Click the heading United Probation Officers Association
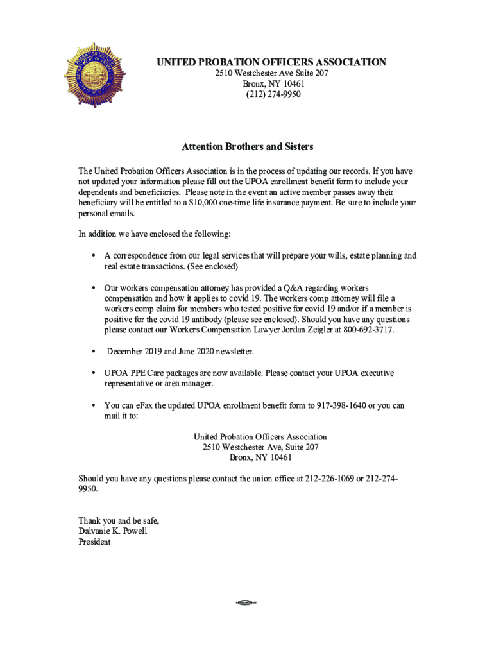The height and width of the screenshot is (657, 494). pyautogui.click(x=272, y=62)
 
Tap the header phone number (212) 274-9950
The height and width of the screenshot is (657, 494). pyautogui.click(x=273, y=94)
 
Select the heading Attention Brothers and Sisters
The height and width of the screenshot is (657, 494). pyautogui.click(x=248, y=147)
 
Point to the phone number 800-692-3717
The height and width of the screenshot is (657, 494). pyautogui.click(x=368, y=330)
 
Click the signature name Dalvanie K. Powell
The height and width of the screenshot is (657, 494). pyautogui.click(x=113, y=531)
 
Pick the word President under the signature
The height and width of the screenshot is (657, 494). pyautogui.click(x=94, y=542)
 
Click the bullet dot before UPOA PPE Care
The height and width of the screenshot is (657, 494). pyautogui.click(x=93, y=373)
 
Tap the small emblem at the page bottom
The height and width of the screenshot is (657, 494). pyautogui.click(x=246, y=602)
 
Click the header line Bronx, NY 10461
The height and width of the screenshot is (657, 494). pyautogui.click(x=273, y=84)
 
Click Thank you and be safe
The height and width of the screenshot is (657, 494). pyautogui.click(x=119, y=520)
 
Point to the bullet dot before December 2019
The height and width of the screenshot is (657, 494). pyautogui.click(x=93, y=352)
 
